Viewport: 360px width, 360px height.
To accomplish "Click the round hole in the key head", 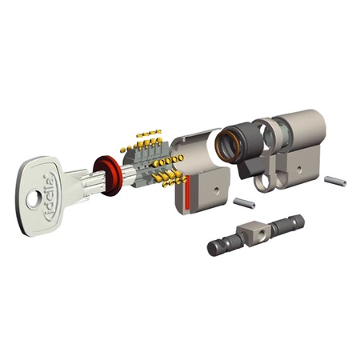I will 35,194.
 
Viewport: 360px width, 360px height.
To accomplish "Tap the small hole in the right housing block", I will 302,169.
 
